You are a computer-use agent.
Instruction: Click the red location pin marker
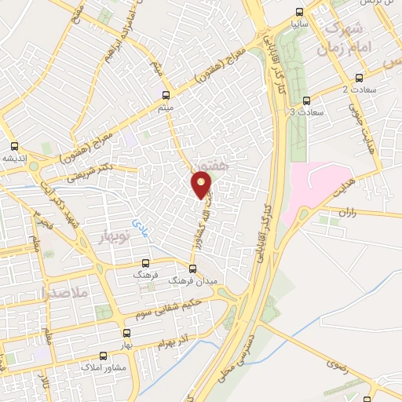coord(202,185)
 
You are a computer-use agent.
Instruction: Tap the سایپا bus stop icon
coord(298,12)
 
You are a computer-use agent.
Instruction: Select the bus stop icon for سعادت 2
coord(360,77)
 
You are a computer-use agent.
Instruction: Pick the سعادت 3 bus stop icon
coord(306,100)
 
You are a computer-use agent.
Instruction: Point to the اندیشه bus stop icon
coord(14,146)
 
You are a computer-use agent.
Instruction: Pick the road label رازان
coord(347,212)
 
